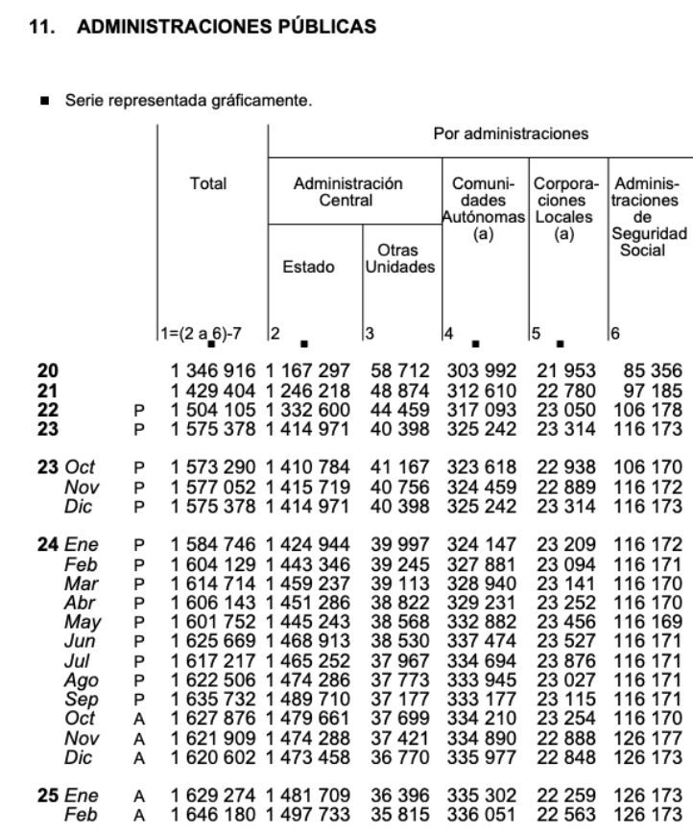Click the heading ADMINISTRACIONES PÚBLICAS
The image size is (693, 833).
(226, 27)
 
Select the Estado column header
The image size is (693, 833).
(308, 268)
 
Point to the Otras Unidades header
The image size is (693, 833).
(399, 259)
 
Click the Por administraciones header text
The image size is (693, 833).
(511, 133)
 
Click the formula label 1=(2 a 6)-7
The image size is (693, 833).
(202, 333)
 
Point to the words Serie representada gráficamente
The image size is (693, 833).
(188, 100)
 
